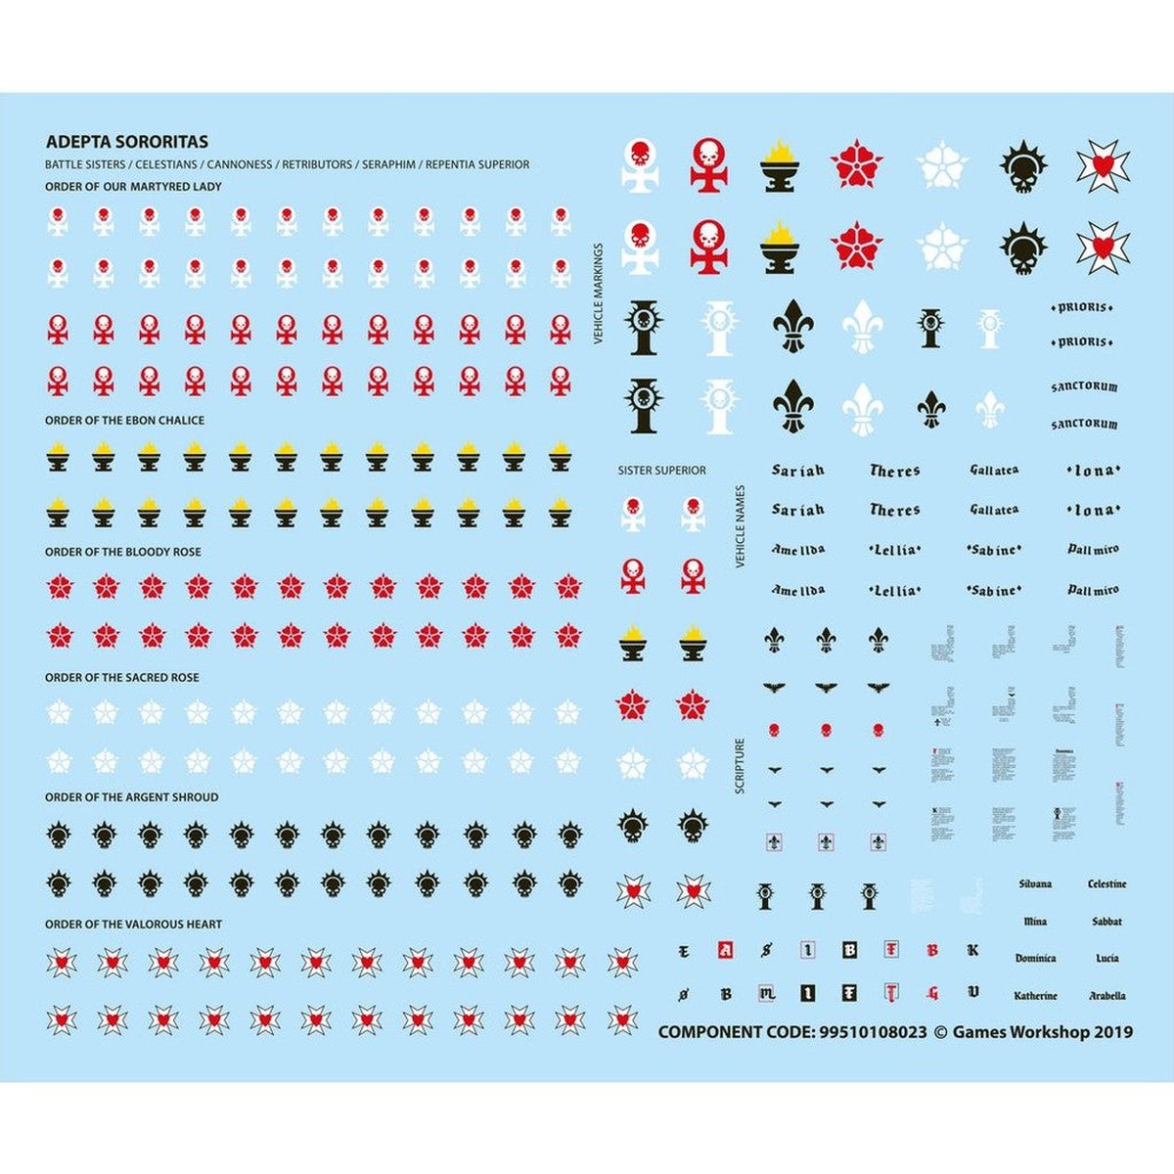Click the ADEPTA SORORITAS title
tap(127, 142)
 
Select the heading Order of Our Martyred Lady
tap(133, 186)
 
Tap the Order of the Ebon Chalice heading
tap(125, 420)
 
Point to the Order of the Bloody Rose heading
tap(123, 552)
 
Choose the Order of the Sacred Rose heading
tap(122, 677)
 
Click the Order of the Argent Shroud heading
tap(132, 797)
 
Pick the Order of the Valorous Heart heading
tap(134, 925)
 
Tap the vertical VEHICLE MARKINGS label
tap(599, 293)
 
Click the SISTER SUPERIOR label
tap(661, 471)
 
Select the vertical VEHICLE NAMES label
tap(740, 526)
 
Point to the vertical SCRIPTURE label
tap(740, 765)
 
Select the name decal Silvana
tap(1035, 884)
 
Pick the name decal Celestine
tap(1107, 884)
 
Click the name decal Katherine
tap(1035, 996)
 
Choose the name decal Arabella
tap(1107, 996)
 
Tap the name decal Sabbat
tap(1107, 922)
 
